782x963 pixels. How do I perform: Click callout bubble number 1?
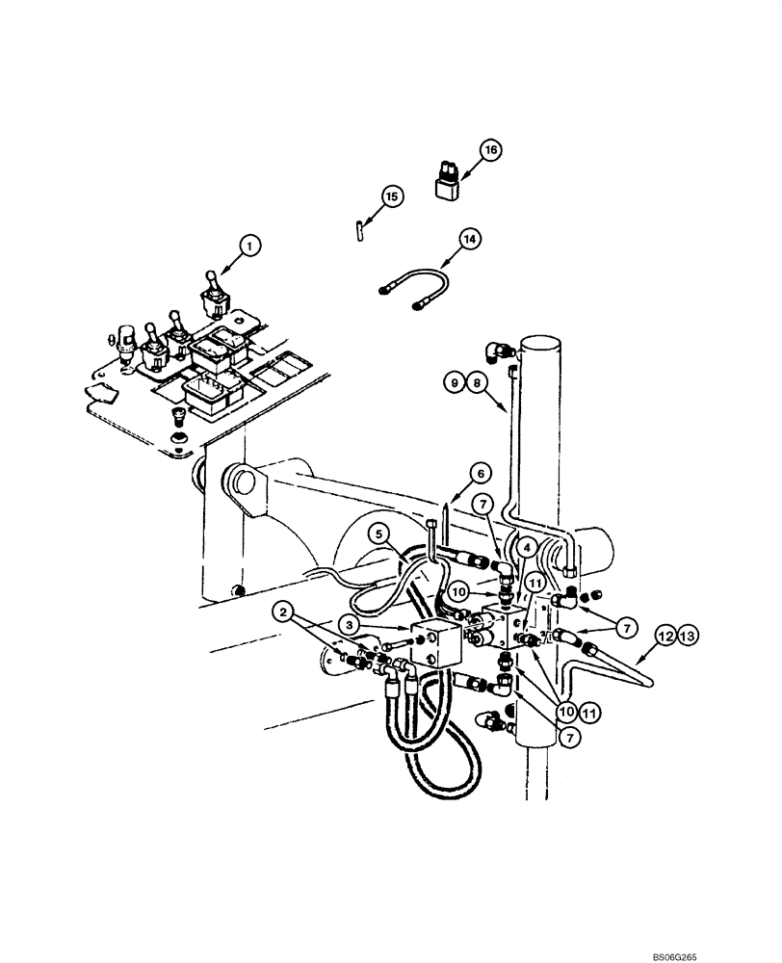(x=248, y=247)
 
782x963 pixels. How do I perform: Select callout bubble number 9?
(x=455, y=382)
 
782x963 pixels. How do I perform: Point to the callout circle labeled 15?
(x=391, y=196)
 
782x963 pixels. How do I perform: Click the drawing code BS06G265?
(x=743, y=953)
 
